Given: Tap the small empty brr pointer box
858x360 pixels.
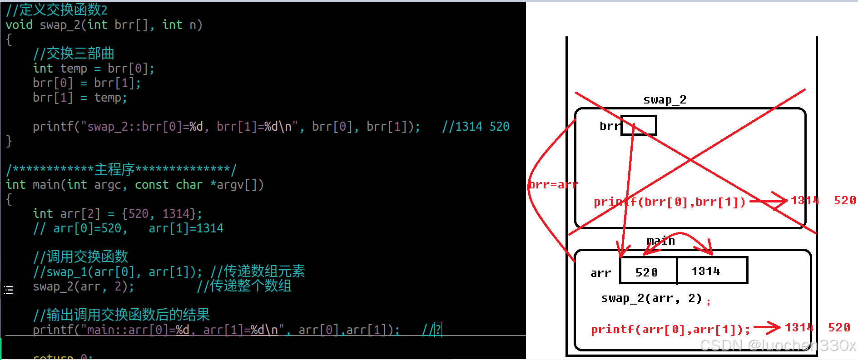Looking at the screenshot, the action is click(x=639, y=125).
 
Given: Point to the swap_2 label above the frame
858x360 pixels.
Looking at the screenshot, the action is click(x=665, y=100).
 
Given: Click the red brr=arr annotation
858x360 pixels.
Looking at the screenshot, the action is click(x=552, y=185).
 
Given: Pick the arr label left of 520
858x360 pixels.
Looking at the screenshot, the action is click(x=600, y=273).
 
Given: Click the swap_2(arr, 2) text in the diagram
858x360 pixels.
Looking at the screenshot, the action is click(x=651, y=298).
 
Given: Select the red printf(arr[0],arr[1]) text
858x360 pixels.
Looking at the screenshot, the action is click(x=670, y=329).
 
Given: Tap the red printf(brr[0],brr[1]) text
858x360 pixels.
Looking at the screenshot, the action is click(x=670, y=202).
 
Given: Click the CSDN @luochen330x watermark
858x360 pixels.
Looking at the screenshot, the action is click(x=778, y=345).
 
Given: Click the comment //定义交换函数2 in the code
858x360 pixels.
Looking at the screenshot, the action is click(x=57, y=10).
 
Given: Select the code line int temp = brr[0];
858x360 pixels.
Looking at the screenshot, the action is click(x=94, y=69).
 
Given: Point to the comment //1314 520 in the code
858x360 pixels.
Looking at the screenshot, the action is click(x=476, y=126).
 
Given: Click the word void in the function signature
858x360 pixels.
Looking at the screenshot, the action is click(x=19, y=25).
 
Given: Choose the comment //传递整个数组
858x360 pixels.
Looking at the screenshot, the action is click(x=244, y=286).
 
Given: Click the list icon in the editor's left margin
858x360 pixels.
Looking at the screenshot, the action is click(x=9, y=290).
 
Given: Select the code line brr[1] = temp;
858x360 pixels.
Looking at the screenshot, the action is click(x=79, y=98).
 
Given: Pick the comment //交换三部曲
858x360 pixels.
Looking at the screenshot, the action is click(x=74, y=54).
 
